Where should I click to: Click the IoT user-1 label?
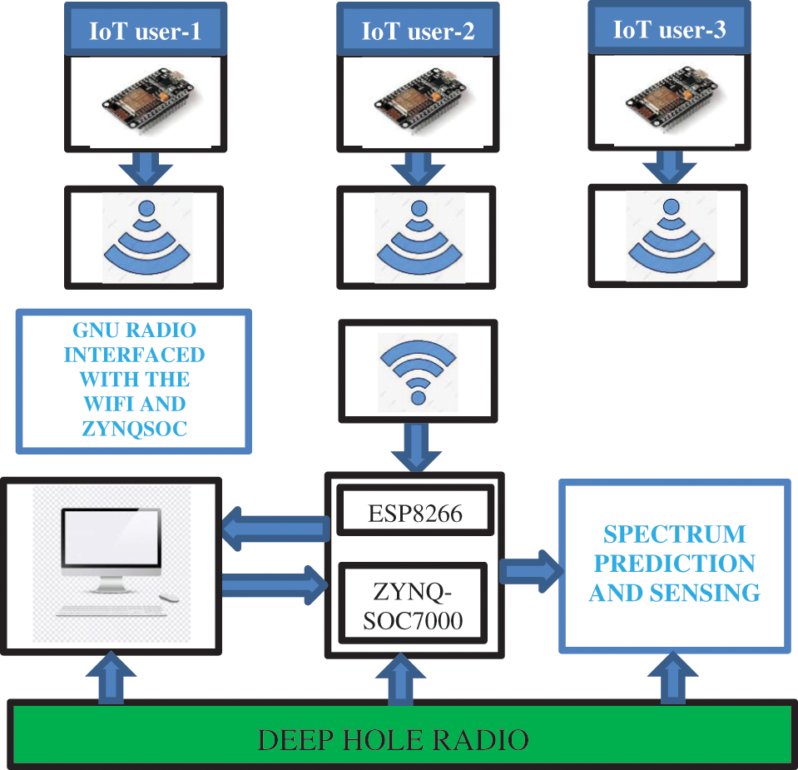point(145,32)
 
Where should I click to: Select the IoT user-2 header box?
point(418,32)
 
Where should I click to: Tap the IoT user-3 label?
point(669,30)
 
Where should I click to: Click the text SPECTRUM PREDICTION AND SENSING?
point(674,564)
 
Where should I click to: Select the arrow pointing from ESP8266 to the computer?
point(275,530)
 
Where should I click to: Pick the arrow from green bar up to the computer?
point(111,678)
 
